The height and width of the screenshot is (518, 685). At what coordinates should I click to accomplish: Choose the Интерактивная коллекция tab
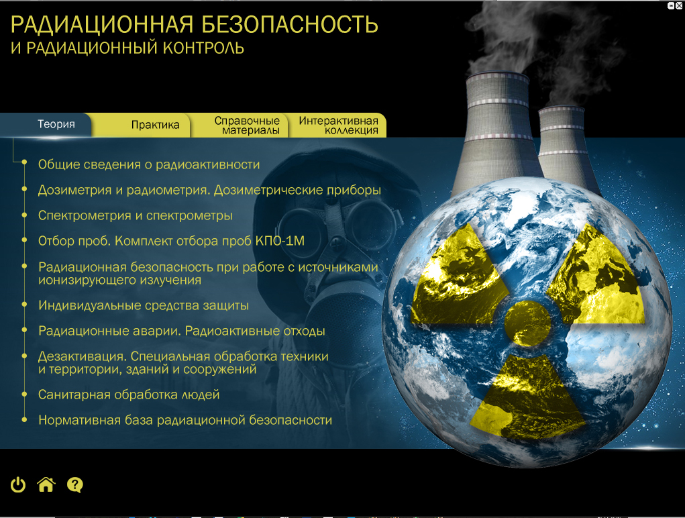point(337,125)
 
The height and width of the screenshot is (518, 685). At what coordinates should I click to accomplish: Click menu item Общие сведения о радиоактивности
point(149,164)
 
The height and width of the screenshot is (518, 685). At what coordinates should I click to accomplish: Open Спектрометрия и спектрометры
point(135,216)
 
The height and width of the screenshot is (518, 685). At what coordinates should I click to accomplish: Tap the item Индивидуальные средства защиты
point(144,305)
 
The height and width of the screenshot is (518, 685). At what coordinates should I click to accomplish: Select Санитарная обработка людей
point(129,395)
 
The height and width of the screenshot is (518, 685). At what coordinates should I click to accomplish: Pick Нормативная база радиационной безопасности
point(185,420)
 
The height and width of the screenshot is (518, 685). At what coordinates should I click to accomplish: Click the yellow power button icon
point(18,485)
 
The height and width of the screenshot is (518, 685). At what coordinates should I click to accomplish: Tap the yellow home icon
point(46,485)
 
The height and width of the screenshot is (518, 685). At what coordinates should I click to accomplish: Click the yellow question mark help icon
point(75,485)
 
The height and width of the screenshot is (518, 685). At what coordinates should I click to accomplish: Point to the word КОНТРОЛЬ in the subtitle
point(203,48)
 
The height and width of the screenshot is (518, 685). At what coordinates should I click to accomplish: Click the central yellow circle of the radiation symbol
point(528,323)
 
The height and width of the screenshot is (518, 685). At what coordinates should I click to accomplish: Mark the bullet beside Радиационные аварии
point(24,331)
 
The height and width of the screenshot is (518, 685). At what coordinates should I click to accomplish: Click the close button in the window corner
point(679,5)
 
